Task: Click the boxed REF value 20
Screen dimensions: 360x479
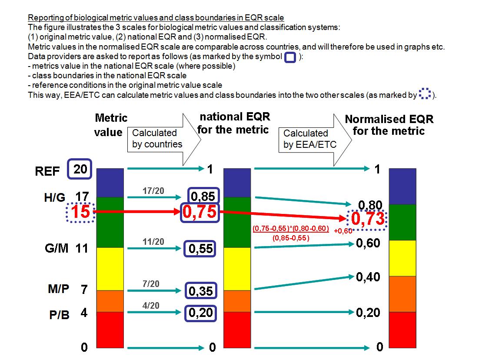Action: [80, 169]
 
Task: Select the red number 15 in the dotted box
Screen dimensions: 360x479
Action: [80, 213]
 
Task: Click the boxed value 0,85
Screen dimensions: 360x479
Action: [202, 197]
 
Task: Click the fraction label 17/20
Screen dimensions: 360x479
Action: [153, 190]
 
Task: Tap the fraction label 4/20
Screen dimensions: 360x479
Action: [151, 305]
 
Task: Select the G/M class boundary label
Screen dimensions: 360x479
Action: [55, 249]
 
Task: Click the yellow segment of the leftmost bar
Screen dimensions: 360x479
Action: [110, 268]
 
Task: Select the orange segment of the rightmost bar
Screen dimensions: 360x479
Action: [402, 294]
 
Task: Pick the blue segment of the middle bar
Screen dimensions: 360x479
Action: [237, 183]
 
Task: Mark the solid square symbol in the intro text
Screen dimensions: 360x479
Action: [289, 57]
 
